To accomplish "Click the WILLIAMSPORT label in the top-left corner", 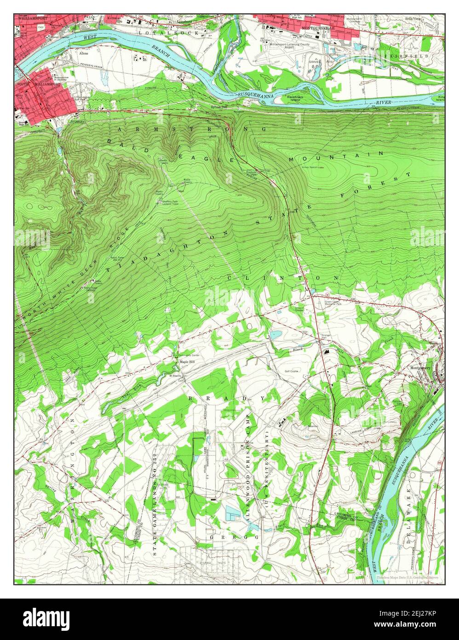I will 33,18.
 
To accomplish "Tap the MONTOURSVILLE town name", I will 318,28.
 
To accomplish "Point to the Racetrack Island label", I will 295,99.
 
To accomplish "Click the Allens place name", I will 84,53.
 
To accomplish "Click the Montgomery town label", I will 420,368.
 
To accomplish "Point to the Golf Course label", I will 292,371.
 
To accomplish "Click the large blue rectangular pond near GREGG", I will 235,513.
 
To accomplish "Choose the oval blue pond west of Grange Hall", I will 275,335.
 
